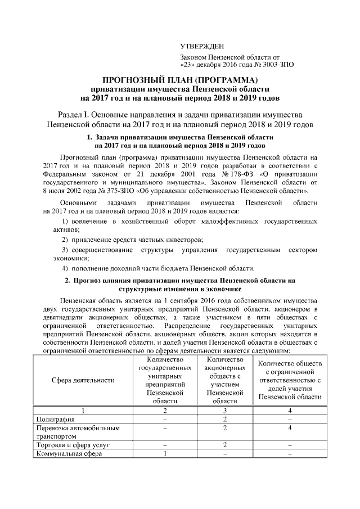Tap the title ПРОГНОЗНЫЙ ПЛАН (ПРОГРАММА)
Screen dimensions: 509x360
tap(180, 79)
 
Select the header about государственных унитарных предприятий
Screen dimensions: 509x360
tap(165, 380)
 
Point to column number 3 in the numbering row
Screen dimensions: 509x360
tap(224, 410)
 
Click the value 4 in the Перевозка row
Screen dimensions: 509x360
tap(290, 428)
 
